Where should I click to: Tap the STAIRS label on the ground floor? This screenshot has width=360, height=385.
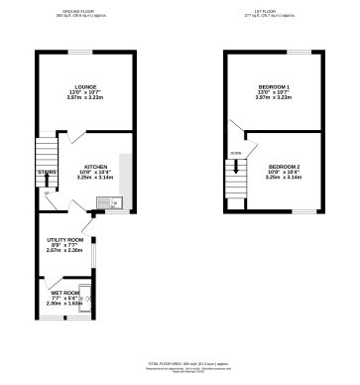pos(48,172)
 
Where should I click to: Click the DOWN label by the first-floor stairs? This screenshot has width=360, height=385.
pos(236,154)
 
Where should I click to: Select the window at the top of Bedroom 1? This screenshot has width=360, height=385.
pos(299,51)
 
